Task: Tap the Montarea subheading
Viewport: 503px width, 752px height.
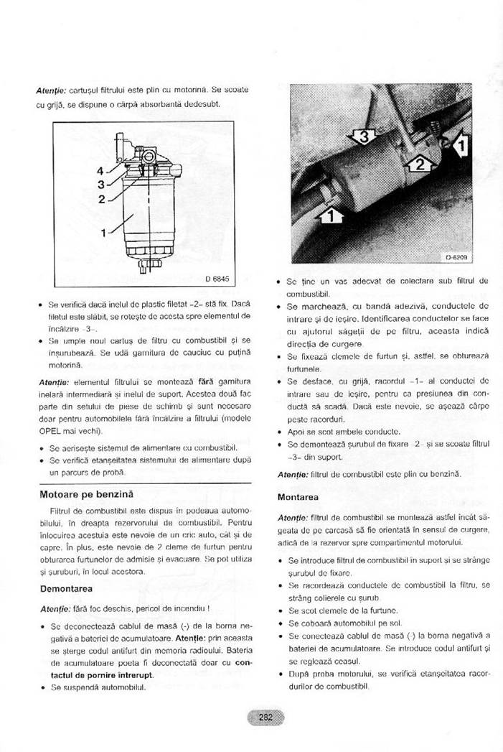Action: click(299, 496)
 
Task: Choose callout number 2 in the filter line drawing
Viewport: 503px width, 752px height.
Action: click(101, 199)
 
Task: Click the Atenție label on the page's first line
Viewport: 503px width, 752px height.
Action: click(51, 90)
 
